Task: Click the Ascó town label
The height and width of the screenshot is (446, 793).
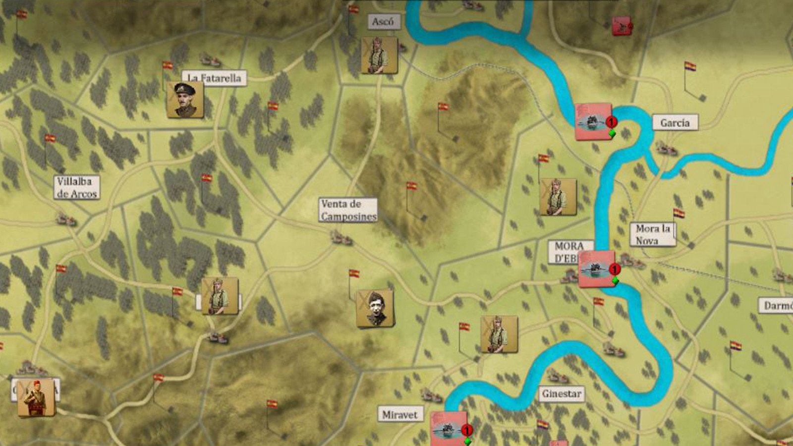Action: pos(383,22)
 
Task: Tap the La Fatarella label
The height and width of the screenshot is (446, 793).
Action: pos(215,78)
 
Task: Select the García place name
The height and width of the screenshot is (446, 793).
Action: pos(675,122)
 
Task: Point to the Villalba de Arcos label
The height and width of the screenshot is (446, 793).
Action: pos(77,188)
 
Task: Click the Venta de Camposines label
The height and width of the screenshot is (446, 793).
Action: pos(348,210)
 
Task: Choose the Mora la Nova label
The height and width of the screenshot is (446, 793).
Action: pos(653,234)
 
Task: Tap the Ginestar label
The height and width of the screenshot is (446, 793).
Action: pos(561,394)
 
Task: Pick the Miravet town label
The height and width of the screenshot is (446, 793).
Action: pos(399,415)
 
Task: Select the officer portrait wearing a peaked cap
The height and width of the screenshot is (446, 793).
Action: pos(185,100)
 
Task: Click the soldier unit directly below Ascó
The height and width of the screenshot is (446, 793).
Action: pos(379,56)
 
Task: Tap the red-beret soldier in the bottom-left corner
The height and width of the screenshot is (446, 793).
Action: pos(36,397)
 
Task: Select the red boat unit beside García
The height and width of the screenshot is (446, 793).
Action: pos(593,121)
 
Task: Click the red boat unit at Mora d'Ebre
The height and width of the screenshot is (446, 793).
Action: pos(597,269)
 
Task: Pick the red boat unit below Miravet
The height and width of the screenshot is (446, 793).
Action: pos(449,428)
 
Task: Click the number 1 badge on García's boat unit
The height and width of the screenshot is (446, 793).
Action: pos(612,122)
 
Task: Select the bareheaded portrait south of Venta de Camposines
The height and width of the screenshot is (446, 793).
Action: pos(375,309)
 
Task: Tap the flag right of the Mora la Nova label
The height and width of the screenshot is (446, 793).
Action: pos(679,214)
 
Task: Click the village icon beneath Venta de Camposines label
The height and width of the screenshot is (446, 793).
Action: pos(341,238)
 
